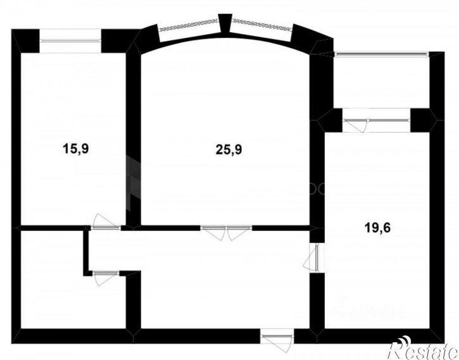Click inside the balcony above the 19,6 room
[380, 82]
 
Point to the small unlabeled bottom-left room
[51, 278]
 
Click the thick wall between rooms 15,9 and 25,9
[132, 139]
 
